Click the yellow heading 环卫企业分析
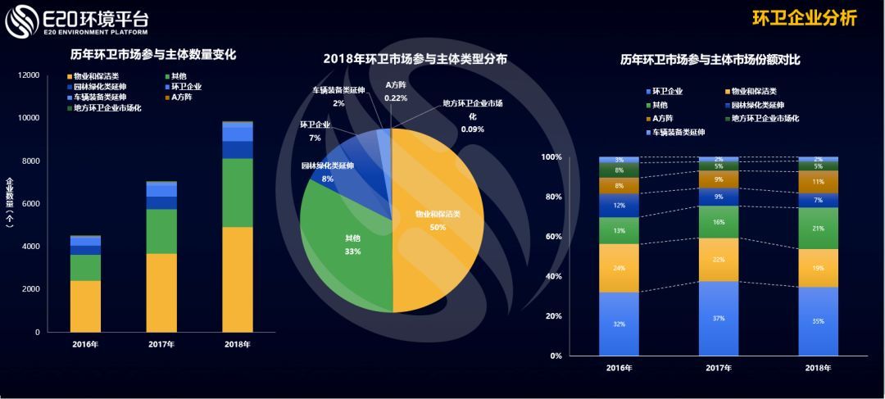tap(804, 19)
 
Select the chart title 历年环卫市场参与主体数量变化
tap(153, 56)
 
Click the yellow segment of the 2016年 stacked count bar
tap(85, 306)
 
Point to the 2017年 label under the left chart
tap(161, 344)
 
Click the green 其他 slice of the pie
tap(344, 238)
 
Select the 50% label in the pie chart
tap(437, 227)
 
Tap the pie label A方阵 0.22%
tap(396, 91)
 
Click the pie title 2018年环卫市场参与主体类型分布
tap(415, 59)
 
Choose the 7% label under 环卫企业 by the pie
tap(315, 138)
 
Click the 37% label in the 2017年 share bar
tap(719, 318)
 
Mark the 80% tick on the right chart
tap(551, 197)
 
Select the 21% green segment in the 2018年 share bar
tap(818, 228)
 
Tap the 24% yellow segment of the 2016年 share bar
tap(619, 268)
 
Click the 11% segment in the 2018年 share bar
tap(818, 182)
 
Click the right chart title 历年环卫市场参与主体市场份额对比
tap(710, 60)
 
